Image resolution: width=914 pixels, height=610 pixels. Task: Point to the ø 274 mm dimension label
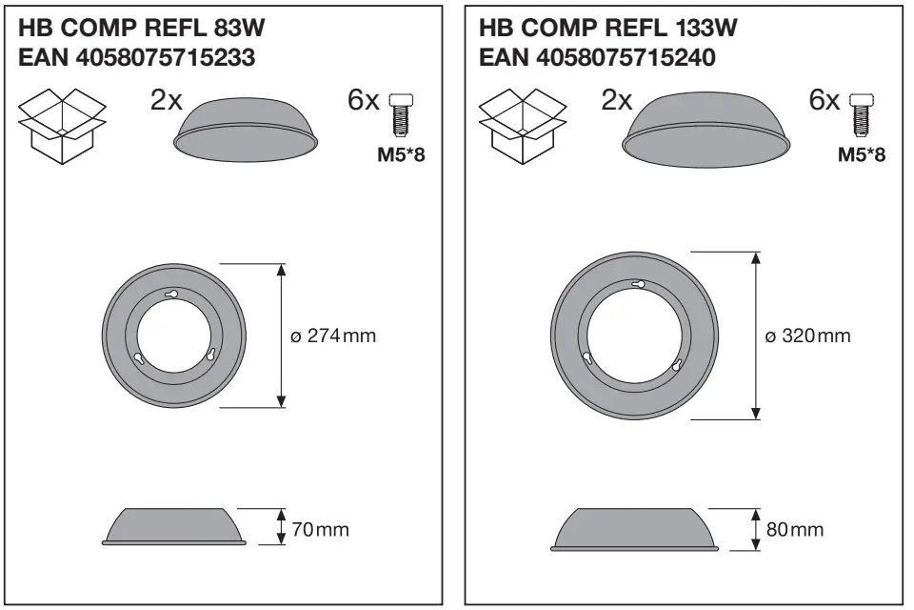click(333, 336)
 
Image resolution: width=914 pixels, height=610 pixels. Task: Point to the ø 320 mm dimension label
click(808, 335)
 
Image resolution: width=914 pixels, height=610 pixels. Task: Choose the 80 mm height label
click(794, 529)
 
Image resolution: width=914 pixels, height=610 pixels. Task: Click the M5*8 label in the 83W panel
click(401, 153)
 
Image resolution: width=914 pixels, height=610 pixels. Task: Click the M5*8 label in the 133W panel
click(861, 153)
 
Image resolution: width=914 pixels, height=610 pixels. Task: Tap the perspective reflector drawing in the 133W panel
click(705, 128)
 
